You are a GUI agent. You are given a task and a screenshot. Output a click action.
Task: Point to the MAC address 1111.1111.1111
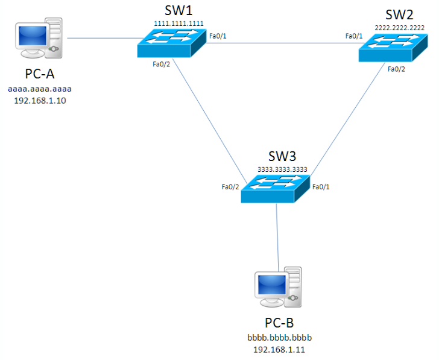pyautogui.click(x=178, y=24)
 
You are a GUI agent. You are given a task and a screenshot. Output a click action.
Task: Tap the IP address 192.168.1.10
pyautogui.click(x=40, y=101)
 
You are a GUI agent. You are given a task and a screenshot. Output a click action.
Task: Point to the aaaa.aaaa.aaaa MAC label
pyautogui.click(x=40, y=89)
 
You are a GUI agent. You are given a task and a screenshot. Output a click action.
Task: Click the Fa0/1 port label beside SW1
pyautogui.click(x=218, y=36)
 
